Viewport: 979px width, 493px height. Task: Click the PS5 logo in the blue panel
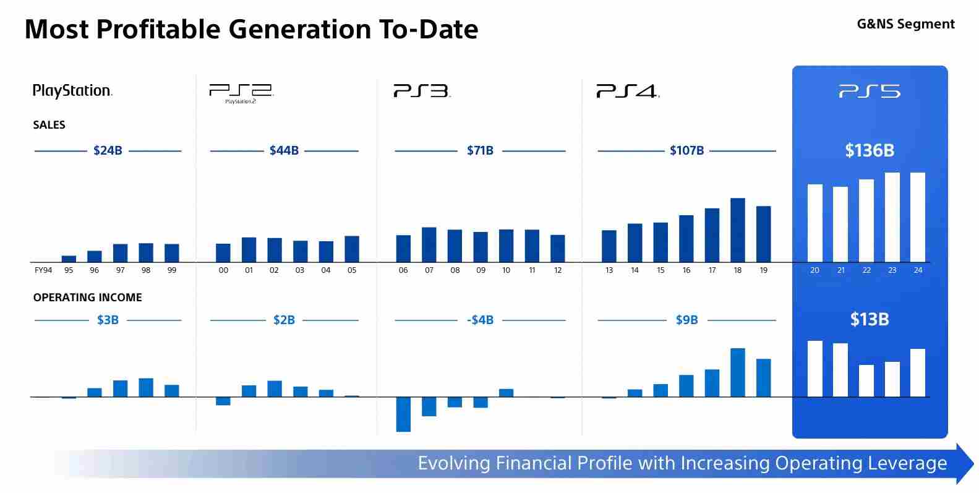tap(870, 92)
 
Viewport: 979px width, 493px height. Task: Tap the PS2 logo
tap(241, 92)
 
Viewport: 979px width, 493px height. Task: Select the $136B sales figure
tap(870, 150)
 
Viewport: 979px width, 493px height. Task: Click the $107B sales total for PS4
tap(686, 150)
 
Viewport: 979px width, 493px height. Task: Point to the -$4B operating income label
tap(480, 320)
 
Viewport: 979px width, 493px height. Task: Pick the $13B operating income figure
tap(870, 319)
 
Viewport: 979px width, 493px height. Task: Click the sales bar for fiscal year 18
tap(738, 230)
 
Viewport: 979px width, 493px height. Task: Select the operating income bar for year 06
tap(403, 414)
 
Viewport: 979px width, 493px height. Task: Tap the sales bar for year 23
tap(892, 217)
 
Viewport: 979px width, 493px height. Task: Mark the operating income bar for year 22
tap(866, 380)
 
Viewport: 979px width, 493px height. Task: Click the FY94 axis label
tap(43, 270)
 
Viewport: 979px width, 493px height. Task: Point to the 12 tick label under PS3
tap(558, 270)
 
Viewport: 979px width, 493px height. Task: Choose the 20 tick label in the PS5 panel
tap(814, 270)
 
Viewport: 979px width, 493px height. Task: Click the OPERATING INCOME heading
tap(87, 298)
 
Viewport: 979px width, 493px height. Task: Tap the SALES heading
tap(49, 125)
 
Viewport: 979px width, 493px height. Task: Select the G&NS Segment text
tap(905, 24)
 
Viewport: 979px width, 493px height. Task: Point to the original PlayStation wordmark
tap(72, 91)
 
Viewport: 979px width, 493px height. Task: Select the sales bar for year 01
tap(249, 250)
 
